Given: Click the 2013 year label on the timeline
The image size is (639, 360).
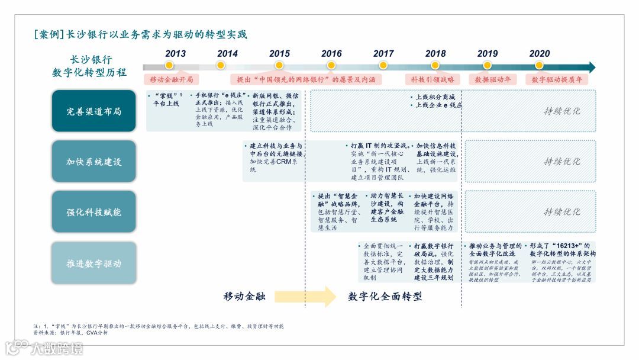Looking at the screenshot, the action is coord(175,53).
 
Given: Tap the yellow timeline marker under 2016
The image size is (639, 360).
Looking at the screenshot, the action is coord(331,65).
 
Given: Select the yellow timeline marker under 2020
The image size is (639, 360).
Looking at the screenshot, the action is coord(539,65).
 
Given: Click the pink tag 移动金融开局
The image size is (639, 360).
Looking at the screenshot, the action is coord(171,79).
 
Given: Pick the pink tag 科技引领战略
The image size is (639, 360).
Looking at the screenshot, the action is coord(433,79).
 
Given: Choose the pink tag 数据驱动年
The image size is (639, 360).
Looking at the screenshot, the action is coord(493,79).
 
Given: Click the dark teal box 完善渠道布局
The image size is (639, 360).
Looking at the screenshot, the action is coord(93,111).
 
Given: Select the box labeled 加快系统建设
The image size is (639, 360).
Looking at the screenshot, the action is coord(93,161).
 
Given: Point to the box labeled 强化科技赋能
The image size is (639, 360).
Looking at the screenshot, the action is coord(93,211).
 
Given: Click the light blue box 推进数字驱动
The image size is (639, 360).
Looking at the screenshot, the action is coord(93,263).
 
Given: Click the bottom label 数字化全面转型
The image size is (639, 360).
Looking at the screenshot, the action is coord(385,296).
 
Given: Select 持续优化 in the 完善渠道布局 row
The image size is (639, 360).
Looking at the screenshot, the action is coord(561,111).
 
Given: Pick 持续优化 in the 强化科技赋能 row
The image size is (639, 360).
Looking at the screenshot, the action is coord(561,211).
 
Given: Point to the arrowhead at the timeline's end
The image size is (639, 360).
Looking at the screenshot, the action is coord(592,67).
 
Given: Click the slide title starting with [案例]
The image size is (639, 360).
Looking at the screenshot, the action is coord(141,34).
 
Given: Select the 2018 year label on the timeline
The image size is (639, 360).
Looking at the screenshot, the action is coord(435,53).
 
